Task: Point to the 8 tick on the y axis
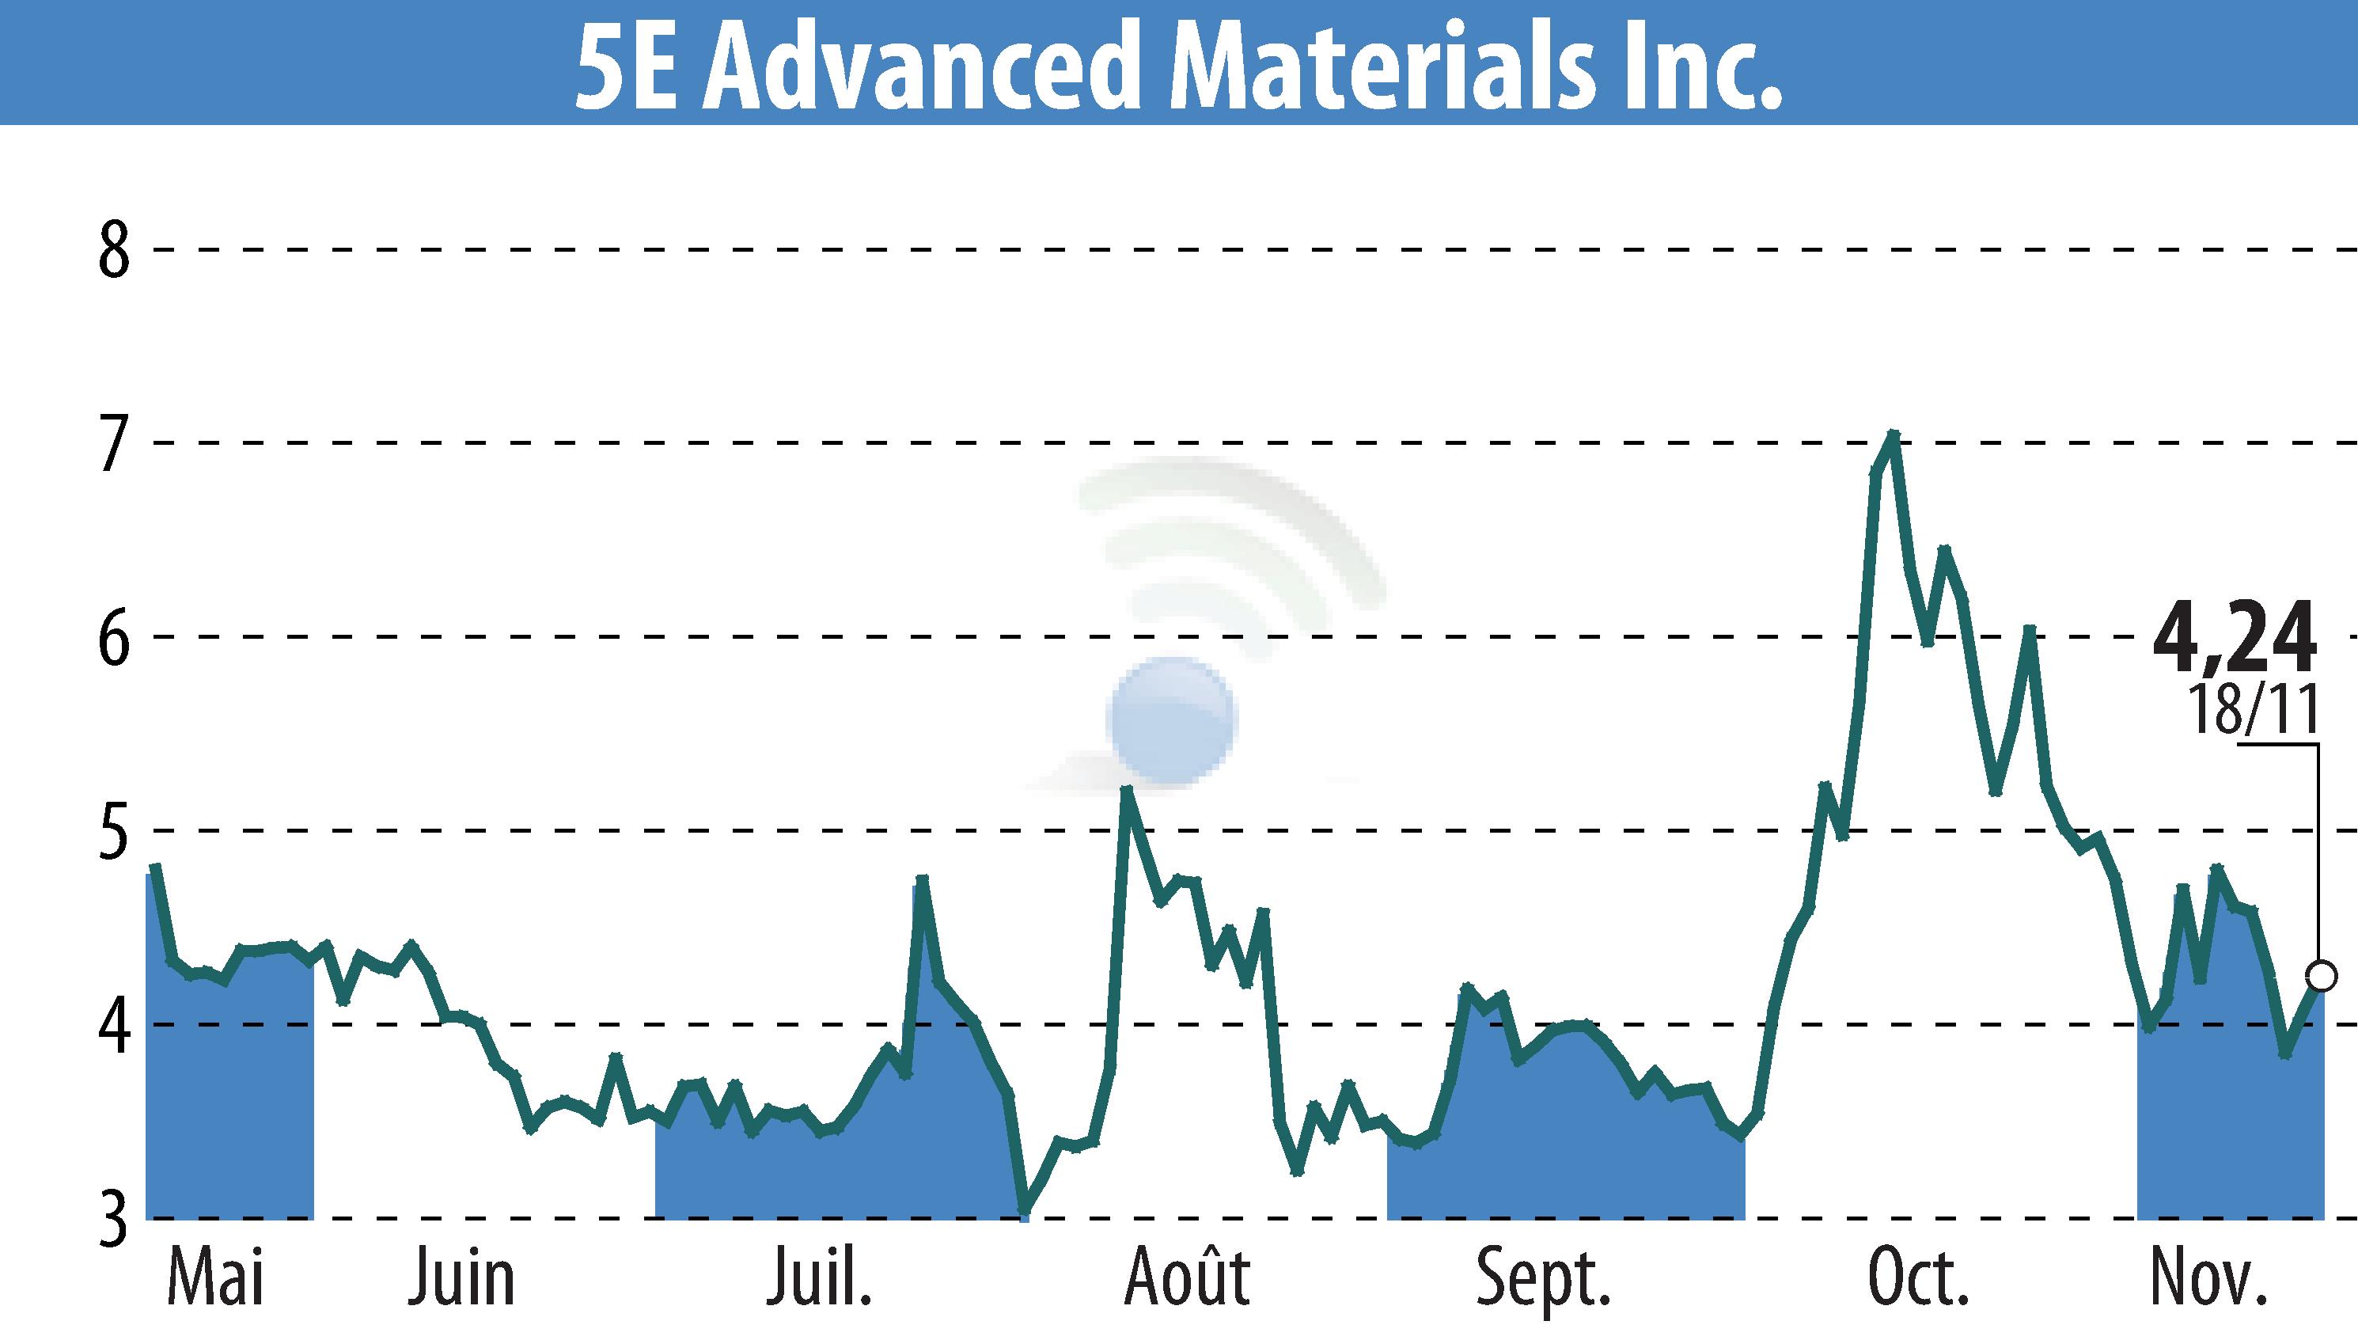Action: pyautogui.click(x=114, y=250)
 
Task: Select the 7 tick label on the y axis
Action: pyautogui.click(x=114, y=443)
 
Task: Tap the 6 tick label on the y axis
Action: pyautogui.click(x=114, y=637)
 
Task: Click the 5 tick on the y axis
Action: pyautogui.click(x=114, y=831)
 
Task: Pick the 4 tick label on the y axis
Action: pyautogui.click(x=114, y=1024)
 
